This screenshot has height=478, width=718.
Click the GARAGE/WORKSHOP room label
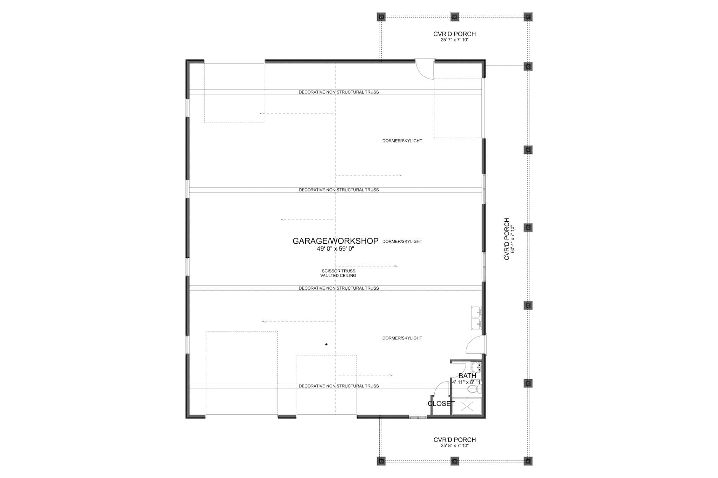335,241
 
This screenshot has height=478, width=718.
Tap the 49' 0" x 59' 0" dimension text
335,249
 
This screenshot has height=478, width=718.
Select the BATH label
467,376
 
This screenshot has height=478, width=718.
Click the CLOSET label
441,404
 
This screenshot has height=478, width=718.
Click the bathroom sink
476,368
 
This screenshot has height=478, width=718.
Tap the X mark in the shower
467,407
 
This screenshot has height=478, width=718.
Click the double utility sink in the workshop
476,318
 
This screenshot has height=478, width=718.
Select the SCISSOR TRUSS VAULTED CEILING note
338,273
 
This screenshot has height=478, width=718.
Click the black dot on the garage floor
326,345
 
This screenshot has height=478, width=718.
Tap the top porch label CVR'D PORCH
454,34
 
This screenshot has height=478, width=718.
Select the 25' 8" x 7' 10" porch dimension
454,446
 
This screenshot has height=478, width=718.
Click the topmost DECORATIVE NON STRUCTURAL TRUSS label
339,92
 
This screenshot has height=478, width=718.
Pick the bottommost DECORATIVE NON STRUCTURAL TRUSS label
339,386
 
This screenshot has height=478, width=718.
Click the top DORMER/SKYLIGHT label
402,141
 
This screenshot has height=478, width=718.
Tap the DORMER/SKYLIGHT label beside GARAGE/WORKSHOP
402,241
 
